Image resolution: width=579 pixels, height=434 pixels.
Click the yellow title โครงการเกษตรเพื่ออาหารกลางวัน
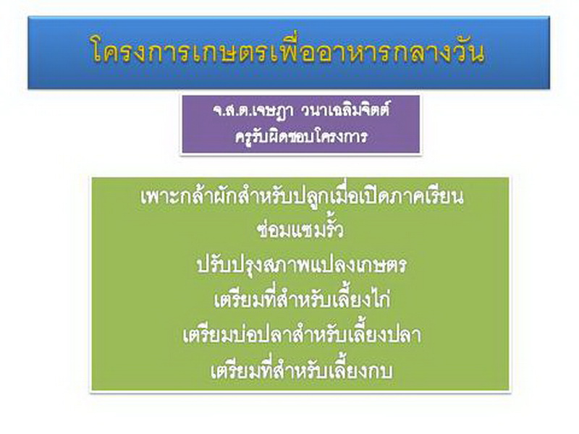[287, 50]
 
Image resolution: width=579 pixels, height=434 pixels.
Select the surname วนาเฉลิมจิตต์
[345, 110]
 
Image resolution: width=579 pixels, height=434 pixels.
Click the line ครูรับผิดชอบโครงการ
[301, 137]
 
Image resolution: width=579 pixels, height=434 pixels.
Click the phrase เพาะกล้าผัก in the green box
[189, 195]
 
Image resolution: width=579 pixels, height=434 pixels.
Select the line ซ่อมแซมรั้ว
[300, 229]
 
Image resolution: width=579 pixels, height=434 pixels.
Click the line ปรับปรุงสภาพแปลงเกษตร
[301, 265]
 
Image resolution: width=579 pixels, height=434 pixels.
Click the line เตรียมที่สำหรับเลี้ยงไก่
[302, 299]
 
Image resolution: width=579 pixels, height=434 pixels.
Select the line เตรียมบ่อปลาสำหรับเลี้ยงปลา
[302, 335]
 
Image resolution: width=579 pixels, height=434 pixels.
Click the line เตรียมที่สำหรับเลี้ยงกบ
[301, 370]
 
